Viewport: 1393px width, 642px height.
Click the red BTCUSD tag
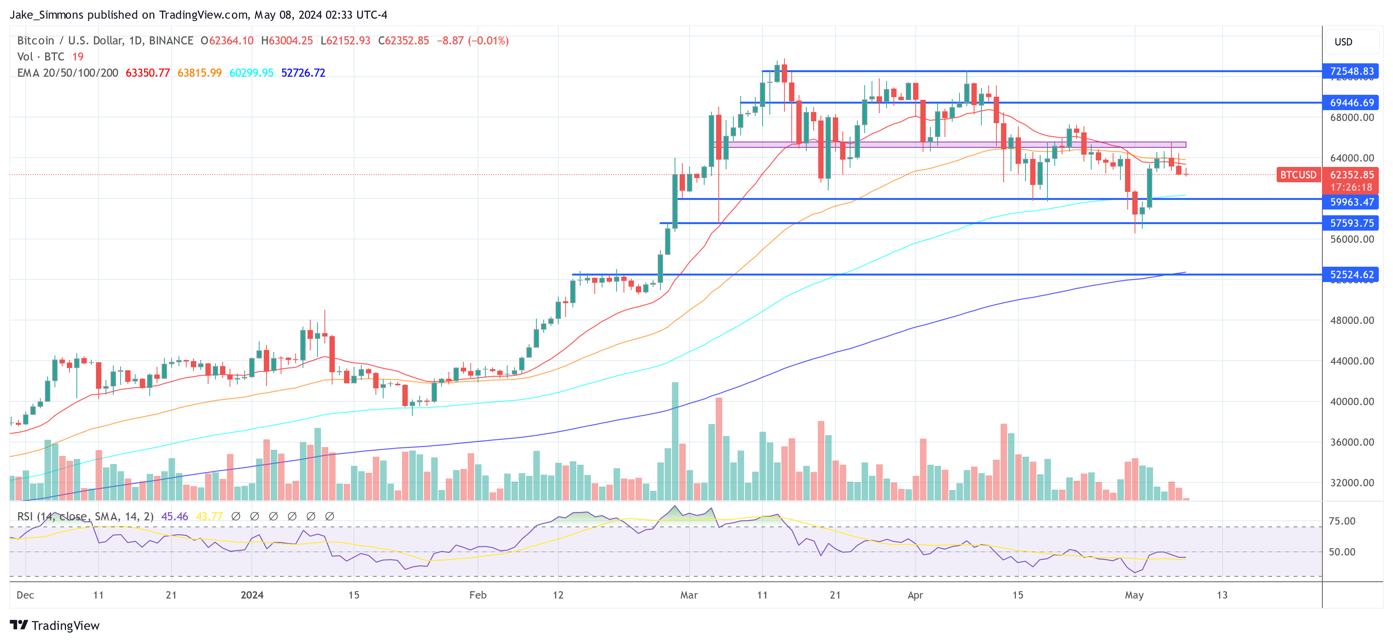pos(1298,175)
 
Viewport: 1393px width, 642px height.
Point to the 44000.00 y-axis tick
pos(1352,361)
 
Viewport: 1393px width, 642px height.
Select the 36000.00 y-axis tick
pos(1352,442)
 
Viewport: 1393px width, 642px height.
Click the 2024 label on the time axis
pos(252,595)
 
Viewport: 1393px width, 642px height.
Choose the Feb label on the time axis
pos(478,595)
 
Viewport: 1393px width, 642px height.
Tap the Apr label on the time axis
pos(915,595)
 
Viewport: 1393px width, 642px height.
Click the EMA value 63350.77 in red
pos(147,73)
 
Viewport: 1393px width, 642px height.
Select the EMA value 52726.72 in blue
pos(303,73)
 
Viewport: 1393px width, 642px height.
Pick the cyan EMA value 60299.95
pos(251,73)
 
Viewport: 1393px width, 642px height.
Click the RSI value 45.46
pos(175,517)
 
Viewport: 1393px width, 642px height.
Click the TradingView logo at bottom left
pos(55,625)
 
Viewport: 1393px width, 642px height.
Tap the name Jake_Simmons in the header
pos(46,15)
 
